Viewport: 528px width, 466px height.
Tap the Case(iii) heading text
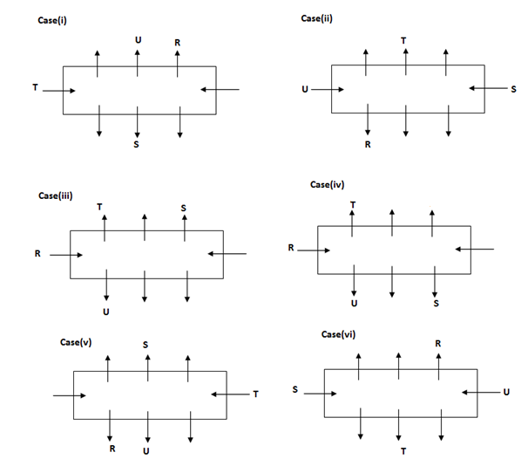pos(54,195)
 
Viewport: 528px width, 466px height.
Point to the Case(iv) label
pos(328,185)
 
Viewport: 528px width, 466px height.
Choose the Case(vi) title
pos(339,334)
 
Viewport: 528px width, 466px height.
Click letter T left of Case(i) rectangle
pos(34,89)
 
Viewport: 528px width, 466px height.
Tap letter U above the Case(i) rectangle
pos(137,40)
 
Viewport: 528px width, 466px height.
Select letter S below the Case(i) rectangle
pos(136,144)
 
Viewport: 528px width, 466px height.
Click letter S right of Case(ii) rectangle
pos(514,88)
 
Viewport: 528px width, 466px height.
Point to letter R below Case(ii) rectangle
pos(368,145)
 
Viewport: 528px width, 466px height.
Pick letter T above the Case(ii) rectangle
pos(403,40)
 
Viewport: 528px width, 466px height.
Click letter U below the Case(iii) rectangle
pos(105,311)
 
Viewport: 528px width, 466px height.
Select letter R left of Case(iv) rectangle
pos(291,249)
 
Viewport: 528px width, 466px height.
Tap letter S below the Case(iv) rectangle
pos(436,304)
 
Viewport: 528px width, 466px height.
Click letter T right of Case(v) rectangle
pos(255,394)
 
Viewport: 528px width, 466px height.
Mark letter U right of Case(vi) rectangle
pos(506,393)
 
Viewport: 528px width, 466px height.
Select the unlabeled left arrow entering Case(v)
pos(69,395)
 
